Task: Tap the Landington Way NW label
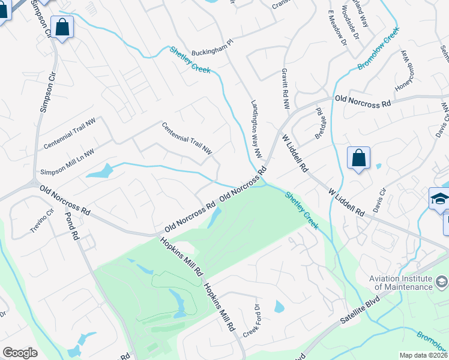pos(256,128)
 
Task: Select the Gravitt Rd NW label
pos(285,88)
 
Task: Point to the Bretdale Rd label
pos(319,124)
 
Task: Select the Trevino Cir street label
pos(42,221)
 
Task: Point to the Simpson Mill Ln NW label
pos(67,163)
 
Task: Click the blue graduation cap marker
pos(440,199)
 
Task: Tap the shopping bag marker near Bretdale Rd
pos(358,158)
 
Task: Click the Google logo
pos(20,352)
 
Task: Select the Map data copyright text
pos(424,355)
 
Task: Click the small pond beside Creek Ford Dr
pos(279,307)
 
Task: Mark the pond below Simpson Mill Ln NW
pos(100,172)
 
